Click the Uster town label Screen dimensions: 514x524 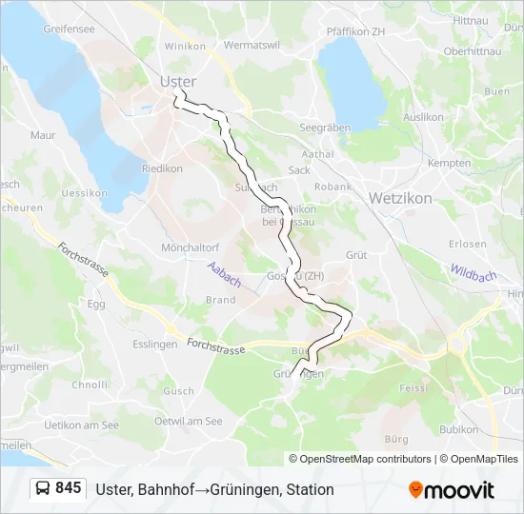tap(178, 82)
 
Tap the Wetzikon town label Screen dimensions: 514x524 tap(399, 198)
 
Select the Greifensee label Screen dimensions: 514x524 tap(69, 29)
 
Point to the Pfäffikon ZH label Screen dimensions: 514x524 tap(354, 31)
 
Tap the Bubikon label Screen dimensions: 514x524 tap(459, 429)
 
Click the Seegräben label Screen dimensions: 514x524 tap(325, 127)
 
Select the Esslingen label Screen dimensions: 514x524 tap(156, 345)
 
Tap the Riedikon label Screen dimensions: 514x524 tap(162, 168)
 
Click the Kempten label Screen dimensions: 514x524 tap(449, 163)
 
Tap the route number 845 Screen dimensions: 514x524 tap(69, 488)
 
